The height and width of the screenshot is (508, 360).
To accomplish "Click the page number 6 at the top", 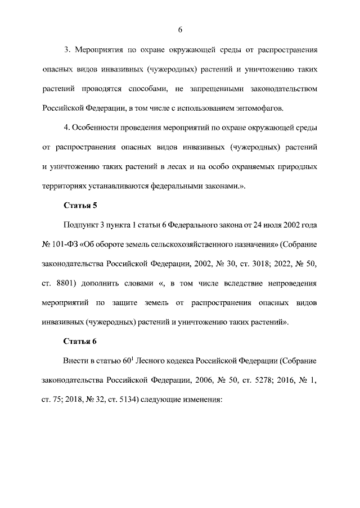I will point(180,29).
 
